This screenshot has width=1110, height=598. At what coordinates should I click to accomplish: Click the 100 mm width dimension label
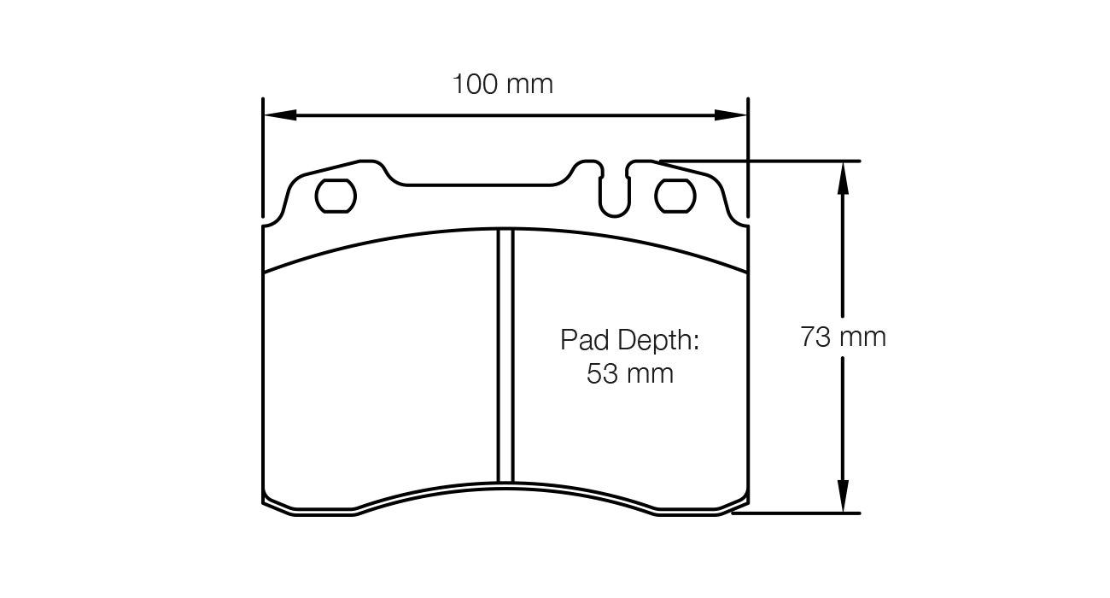(x=502, y=84)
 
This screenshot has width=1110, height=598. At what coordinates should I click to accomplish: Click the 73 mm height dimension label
(x=843, y=337)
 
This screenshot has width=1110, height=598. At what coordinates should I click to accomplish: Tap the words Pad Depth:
(x=629, y=340)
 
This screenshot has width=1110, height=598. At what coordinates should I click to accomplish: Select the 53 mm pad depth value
(x=629, y=374)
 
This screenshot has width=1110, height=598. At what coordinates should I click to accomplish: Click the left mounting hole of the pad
(x=336, y=196)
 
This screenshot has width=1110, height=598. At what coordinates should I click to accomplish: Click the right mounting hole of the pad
(x=675, y=196)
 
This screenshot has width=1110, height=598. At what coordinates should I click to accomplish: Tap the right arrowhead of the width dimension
(x=731, y=115)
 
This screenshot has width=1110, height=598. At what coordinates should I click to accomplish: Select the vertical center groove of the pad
(x=505, y=359)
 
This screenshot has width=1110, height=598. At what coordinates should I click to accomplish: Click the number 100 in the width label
(x=476, y=84)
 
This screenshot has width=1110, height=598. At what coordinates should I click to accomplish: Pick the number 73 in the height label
(x=816, y=337)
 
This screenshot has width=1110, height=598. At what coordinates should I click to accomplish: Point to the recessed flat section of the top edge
(x=482, y=183)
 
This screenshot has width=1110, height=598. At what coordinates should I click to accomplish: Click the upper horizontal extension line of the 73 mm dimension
(x=768, y=160)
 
